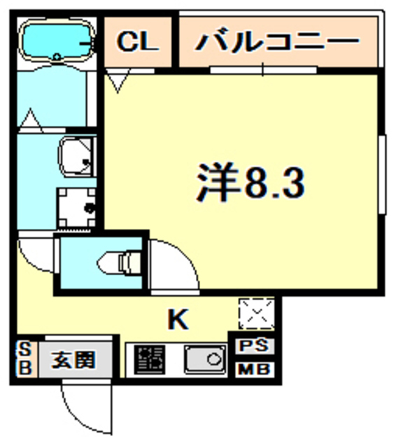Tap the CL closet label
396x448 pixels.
pos(138,42)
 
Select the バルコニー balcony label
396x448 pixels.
pos(276,41)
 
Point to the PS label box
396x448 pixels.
pos(256,346)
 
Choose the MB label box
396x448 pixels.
pos(256,369)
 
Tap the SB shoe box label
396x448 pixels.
pos(23,360)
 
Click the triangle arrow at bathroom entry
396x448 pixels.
pos(31,118)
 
